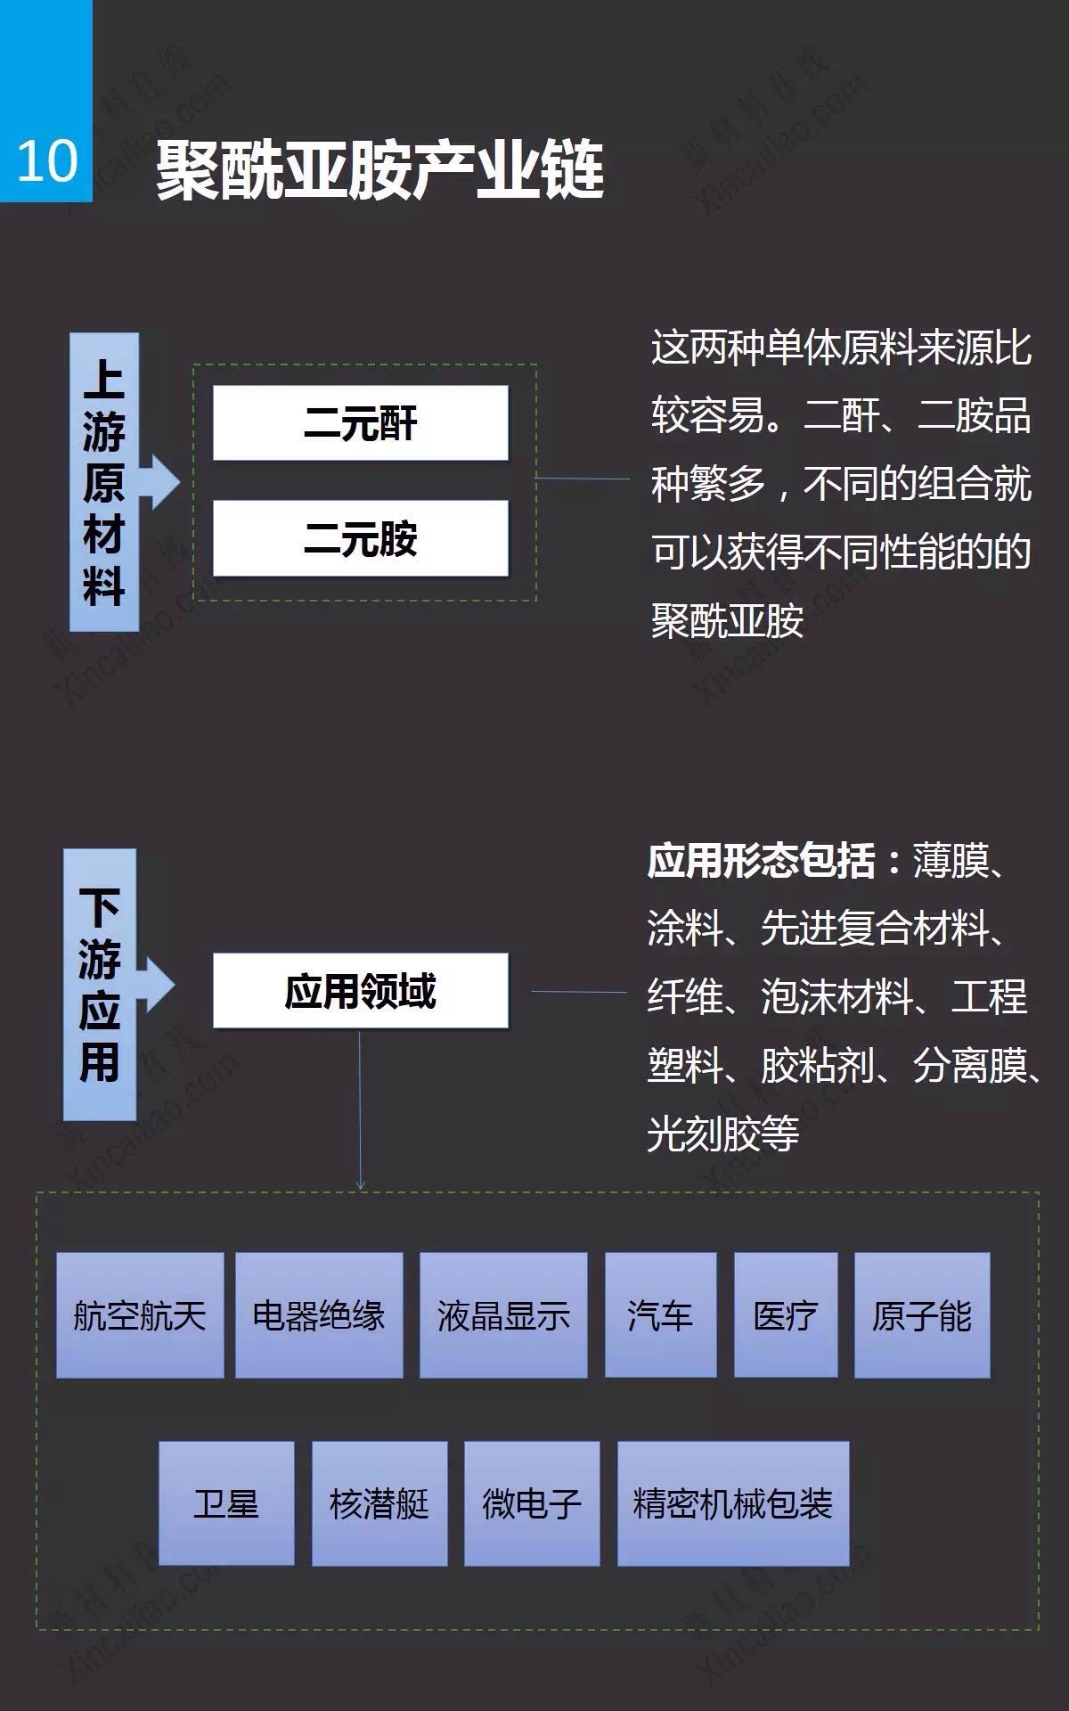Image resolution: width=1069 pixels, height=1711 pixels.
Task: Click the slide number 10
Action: [x=47, y=161]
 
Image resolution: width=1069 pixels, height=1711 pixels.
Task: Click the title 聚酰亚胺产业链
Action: [x=380, y=168]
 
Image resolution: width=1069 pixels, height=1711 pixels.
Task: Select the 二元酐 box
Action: [x=361, y=423]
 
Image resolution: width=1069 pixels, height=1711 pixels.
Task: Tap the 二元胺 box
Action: [x=361, y=538]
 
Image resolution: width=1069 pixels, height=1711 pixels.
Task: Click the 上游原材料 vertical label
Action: [x=104, y=482]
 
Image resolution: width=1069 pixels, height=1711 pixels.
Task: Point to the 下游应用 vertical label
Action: [x=100, y=984]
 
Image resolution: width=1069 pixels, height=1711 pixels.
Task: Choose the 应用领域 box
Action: [x=361, y=991]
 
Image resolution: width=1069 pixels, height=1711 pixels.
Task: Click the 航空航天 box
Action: [x=140, y=1315]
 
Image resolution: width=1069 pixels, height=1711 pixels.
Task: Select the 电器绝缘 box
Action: [x=319, y=1315]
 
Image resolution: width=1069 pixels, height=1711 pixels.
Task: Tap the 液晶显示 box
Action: [x=503, y=1315]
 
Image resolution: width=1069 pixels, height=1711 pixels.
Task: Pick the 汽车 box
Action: [x=661, y=1315]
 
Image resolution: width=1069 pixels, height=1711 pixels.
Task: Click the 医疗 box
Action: [x=786, y=1315]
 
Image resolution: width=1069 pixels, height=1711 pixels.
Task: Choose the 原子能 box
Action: [x=922, y=1315]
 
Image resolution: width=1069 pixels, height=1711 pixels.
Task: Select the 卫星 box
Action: [x=226, y=1503]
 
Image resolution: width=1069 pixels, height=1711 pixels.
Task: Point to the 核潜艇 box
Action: [x=379, y=1503]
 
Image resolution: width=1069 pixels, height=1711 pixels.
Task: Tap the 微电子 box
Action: [x=532, y=1503]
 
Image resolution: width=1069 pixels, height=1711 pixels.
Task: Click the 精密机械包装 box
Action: [x=733, y=1503]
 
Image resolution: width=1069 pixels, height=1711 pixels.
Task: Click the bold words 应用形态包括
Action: [x=761, y=861]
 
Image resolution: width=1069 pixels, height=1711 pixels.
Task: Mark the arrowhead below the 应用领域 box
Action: [x=361, y=1184]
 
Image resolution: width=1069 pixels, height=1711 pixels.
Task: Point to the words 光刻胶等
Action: [x=723, y=1134]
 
